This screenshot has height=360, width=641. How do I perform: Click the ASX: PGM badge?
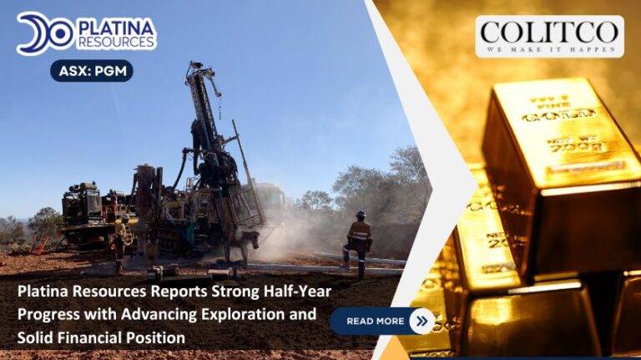(91, 71)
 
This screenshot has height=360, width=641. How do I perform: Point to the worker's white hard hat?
(361, 215)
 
